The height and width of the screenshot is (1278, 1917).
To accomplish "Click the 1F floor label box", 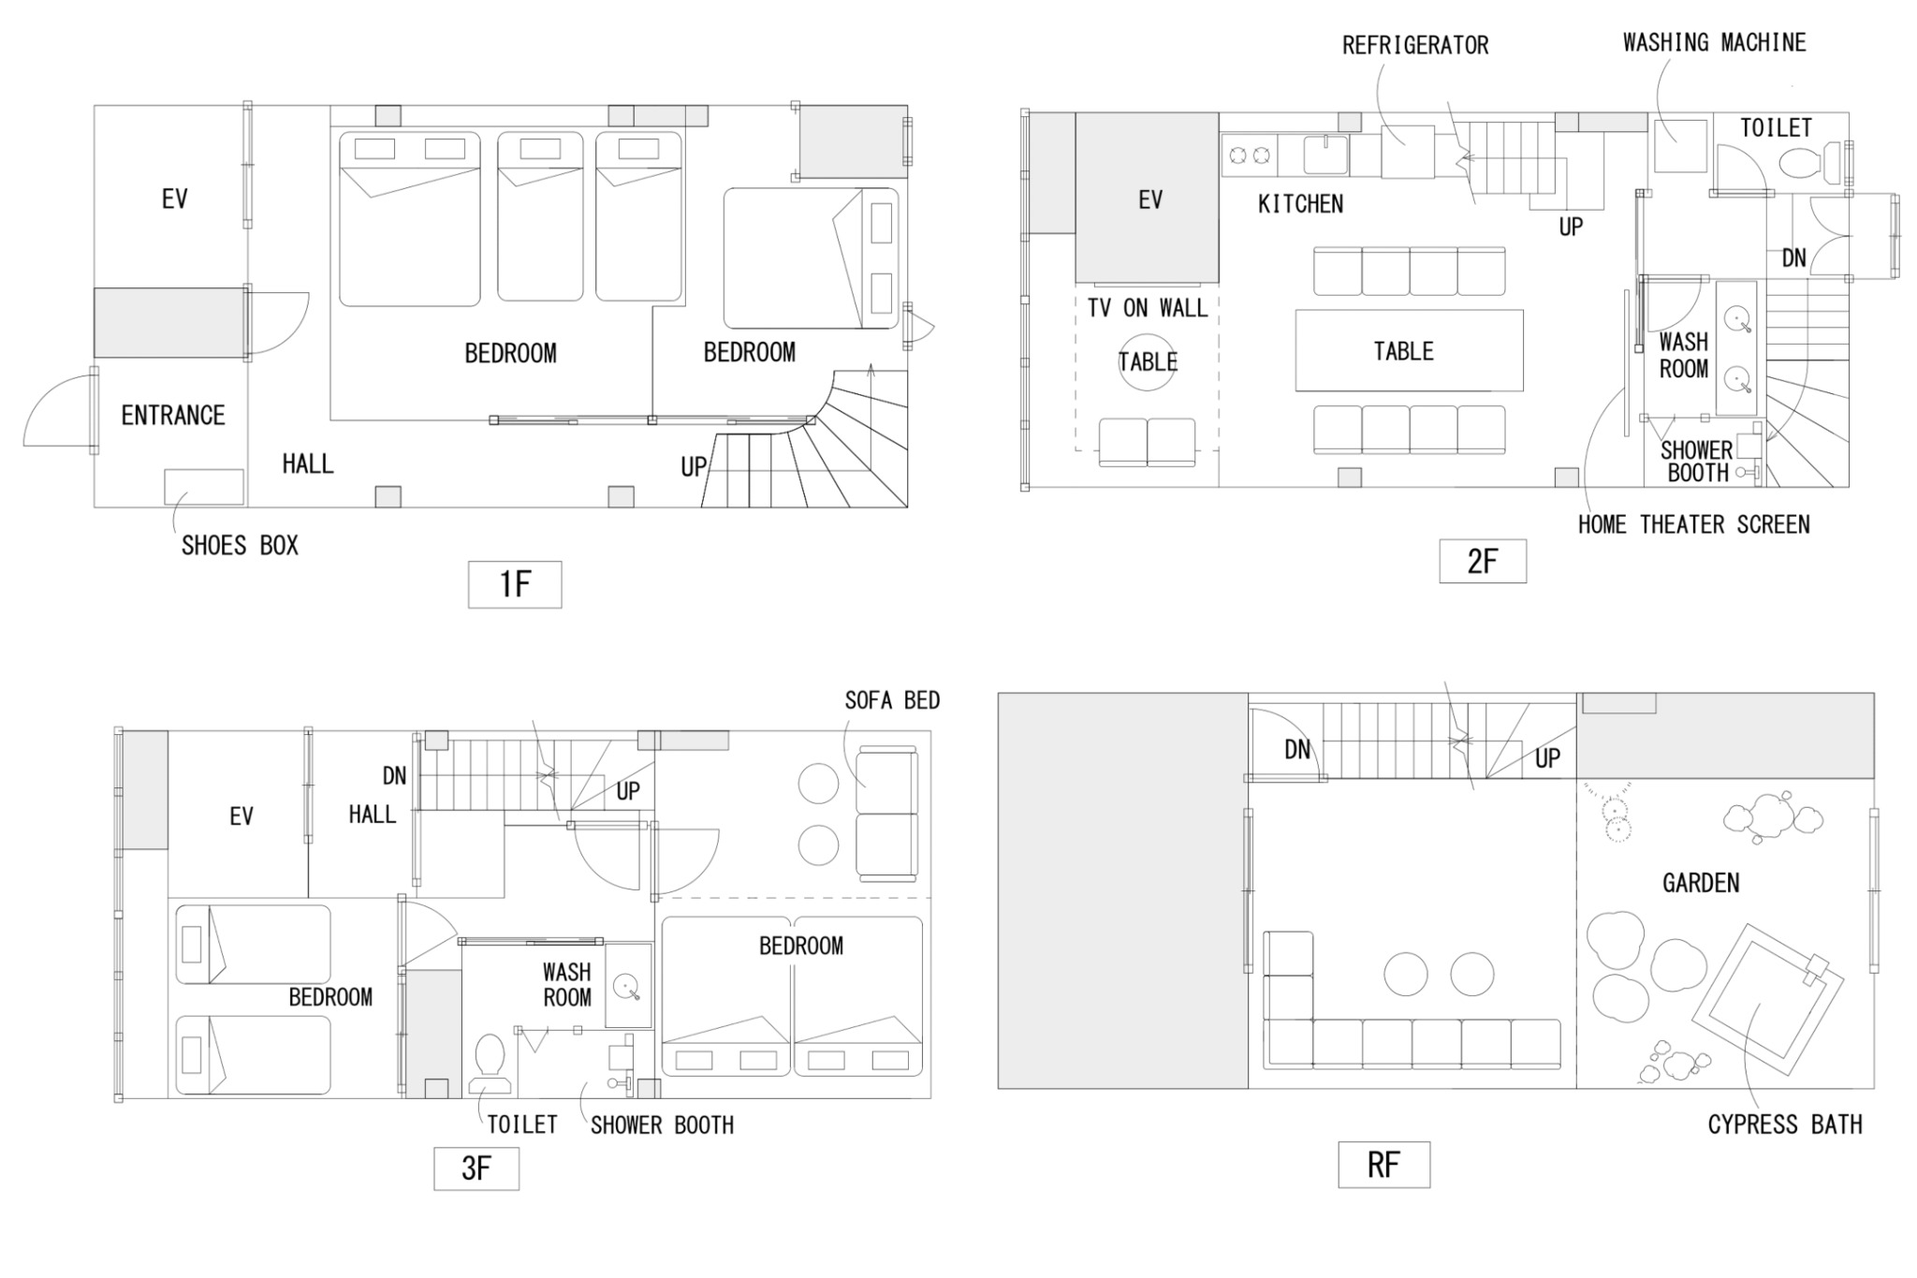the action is (x=515, y=584).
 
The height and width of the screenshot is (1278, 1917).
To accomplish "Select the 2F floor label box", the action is (x=1483, y=561).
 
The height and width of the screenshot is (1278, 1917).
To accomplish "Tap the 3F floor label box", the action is (x=476, y=1168).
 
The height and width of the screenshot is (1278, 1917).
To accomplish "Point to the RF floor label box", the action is (x=1383, y=1165).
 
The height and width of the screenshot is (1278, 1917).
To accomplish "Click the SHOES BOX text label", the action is (x=240, y=546).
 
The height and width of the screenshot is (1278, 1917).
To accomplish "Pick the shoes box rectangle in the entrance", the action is (x=204, y=487).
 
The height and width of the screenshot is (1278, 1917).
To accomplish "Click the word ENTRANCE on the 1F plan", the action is (x=173, y=416).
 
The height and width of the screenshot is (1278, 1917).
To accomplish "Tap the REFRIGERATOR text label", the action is (x=1415, y=45).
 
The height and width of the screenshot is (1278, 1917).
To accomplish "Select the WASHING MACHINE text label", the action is (x=1715, y=42).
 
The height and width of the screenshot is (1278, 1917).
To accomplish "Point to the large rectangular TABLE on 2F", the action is (x=1409, y=350).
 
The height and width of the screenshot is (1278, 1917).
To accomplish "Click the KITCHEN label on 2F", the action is (x=1300, y=204).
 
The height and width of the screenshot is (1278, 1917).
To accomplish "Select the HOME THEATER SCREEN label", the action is (x=1693, y=524).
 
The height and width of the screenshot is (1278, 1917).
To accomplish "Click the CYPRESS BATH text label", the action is (x=1785, y=1124).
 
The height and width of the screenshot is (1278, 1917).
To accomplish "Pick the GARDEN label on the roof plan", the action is (x=1701, y=883).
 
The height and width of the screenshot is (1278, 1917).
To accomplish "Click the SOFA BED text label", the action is (x=892, y=700).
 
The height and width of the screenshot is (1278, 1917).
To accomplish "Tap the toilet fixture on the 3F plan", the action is (x=490, y=1063).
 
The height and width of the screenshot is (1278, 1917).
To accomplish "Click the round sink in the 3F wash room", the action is (x=626, y=987).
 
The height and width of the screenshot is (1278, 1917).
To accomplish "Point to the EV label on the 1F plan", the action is (x=174, y=198).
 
